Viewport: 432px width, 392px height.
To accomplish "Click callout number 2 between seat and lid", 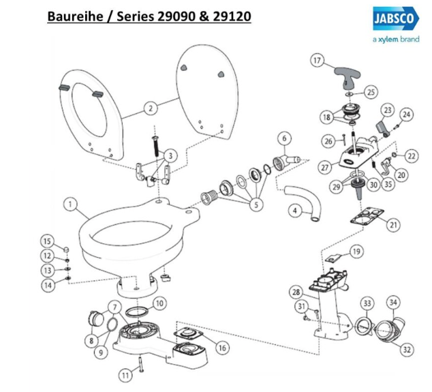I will coord(151,107).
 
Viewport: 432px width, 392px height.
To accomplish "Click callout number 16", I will coord(222,348).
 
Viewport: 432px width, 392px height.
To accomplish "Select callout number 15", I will coord(47,241).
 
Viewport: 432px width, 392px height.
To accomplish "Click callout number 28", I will coord(296,292).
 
